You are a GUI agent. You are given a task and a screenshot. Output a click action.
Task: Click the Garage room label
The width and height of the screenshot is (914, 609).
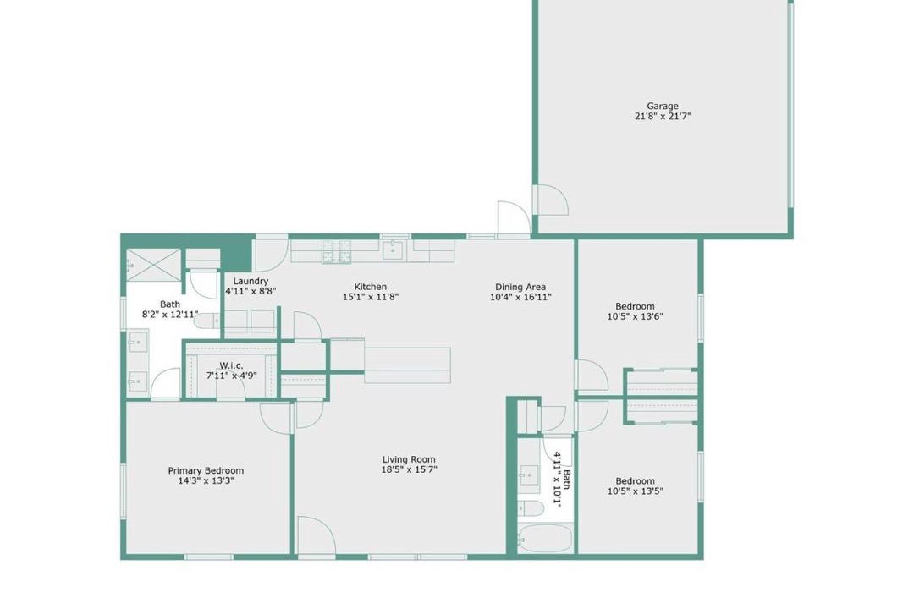coord(662,106)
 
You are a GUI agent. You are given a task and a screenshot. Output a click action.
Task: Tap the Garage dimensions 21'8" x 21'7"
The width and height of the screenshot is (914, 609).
coord(662,116)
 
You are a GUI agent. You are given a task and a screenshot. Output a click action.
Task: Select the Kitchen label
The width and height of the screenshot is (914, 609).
coord(370,287)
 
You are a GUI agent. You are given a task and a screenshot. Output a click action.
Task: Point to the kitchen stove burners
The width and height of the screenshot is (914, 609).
coord(336,251)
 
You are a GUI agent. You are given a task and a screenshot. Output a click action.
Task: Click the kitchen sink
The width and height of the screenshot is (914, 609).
coord(393,250)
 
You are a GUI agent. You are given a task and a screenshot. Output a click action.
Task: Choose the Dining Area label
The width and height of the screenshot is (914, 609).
coord(520,287)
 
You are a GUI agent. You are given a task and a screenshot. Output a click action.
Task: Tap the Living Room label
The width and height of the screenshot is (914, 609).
coord(409,459)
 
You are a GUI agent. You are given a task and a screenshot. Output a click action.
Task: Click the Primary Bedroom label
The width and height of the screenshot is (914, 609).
coord(206,471)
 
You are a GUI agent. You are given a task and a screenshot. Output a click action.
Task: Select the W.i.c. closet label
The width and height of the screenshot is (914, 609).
coord(231,365)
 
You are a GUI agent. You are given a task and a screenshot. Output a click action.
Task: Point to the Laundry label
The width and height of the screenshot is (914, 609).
coord(251,281)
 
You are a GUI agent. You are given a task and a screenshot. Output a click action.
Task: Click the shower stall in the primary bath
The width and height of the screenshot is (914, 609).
coord(154,261)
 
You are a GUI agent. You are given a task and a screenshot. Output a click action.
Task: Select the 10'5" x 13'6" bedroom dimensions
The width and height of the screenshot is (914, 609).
coord(635,316)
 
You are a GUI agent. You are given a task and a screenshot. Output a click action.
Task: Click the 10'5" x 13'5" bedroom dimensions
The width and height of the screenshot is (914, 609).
coord(635,491)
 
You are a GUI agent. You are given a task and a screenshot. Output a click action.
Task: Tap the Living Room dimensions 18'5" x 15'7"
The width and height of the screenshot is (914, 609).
coord(409,469)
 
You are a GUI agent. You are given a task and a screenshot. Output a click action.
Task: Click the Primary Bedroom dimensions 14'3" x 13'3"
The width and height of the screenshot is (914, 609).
coord(206,480)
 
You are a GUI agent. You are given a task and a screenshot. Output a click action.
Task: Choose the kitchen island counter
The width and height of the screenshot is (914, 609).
coord(407,365)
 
